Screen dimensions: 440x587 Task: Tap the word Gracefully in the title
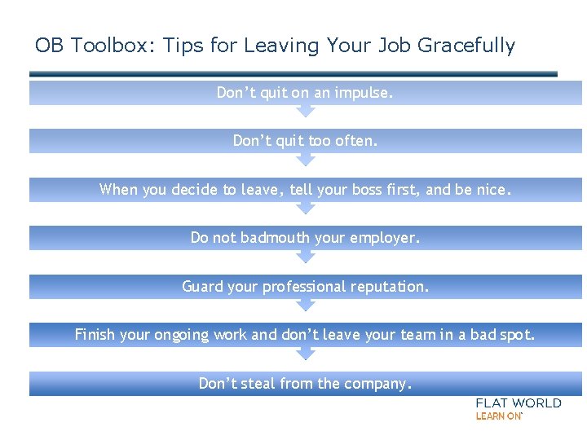pos(466,46)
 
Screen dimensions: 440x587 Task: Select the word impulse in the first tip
pos(364,93)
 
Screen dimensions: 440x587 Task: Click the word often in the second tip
pos(356,141)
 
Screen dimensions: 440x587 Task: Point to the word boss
pos(383,190)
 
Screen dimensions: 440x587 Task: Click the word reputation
pos(389,287)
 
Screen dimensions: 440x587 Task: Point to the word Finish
pos(95,335)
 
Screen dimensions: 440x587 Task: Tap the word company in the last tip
pos(380,384)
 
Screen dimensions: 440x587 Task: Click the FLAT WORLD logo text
pos(519,403)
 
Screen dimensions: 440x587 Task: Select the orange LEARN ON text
pos(498,416)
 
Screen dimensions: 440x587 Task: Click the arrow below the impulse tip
pos(304,111)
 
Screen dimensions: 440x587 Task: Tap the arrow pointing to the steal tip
pos(304,353)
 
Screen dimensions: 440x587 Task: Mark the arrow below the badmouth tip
pos(304,256)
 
